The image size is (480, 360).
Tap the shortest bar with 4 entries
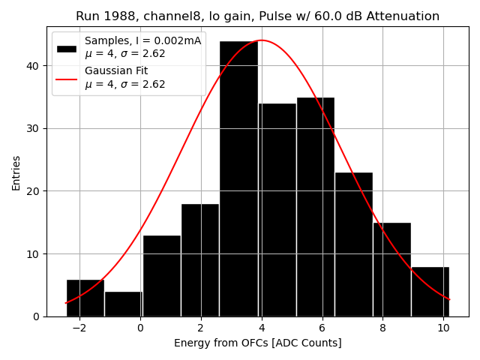tap(124, 304)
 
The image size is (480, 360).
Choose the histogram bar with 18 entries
tap(200, 260)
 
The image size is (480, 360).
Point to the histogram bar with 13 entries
tap(162, 276)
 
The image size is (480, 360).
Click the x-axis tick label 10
tap(442, 328)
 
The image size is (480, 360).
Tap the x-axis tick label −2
tap(79, 328)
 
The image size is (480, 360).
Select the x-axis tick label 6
tap(322, 328)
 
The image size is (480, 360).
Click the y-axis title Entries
tap(16, 172)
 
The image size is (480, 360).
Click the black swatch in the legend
tap(67, 48)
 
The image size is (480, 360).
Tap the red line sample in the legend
tap(67, 78)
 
